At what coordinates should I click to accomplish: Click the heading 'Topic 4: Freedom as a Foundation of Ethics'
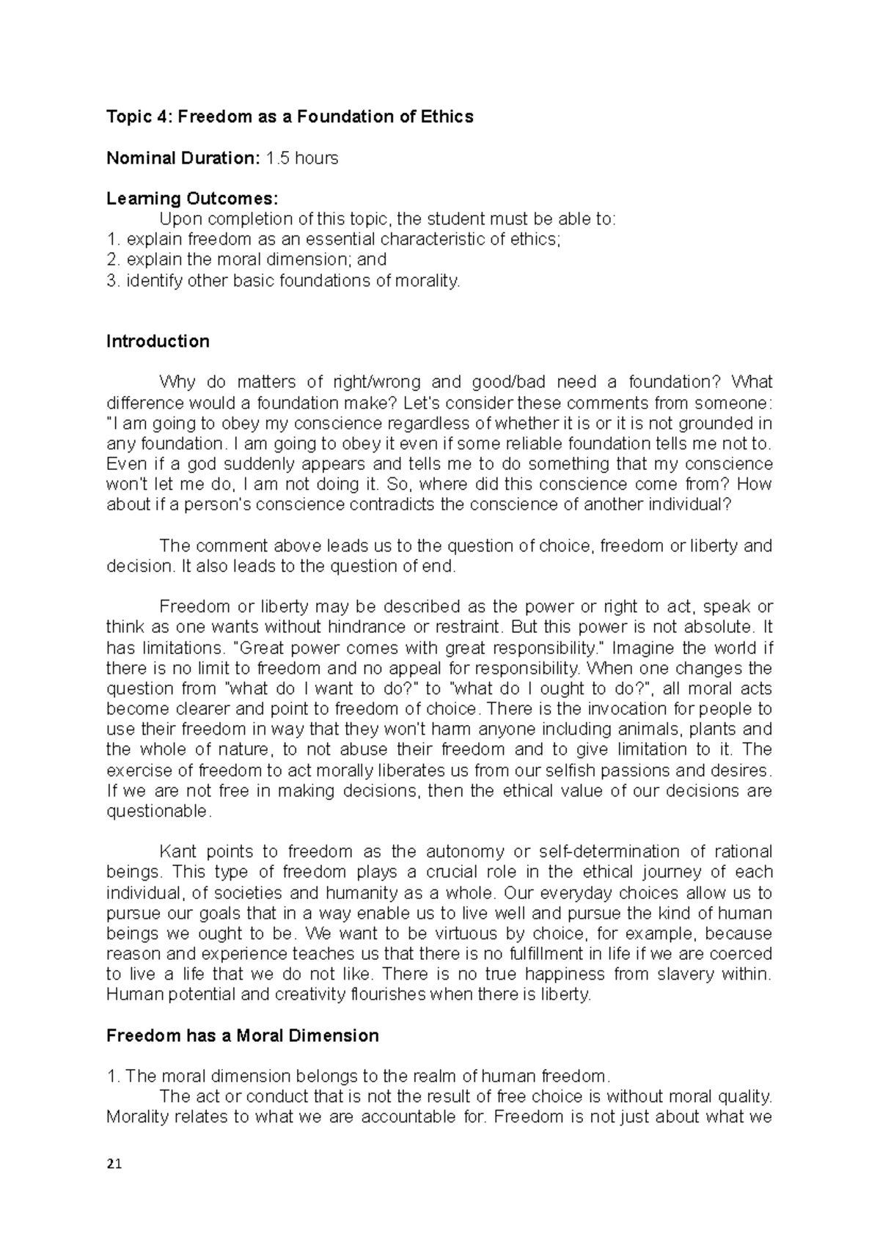click(x=290, y=117)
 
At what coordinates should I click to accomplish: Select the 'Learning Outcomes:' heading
click(x=192, y=199)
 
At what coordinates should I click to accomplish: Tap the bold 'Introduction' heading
click(x=158, y=341)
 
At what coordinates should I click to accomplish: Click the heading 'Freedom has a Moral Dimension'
click(x=242, y=1035)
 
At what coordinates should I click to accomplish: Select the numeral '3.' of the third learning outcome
click(x=113, y=280)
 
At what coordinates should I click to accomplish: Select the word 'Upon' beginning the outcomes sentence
click(x=177, y=219)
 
